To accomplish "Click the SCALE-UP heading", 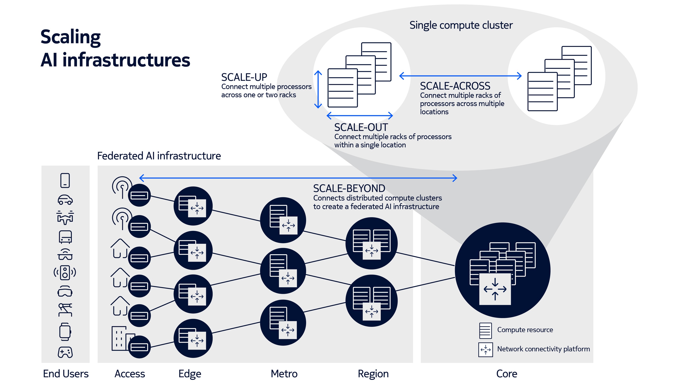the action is pyautogui.click(x=244, y=77).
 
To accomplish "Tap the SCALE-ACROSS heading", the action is pyautogui.click(x=455, y=86).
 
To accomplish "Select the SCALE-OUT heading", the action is pyautogui.click(x=361, y=127).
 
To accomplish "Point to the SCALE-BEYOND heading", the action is pyautogui.click(x=349, y=188).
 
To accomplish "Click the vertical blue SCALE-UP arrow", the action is pyautogui.click(x=318, y=89).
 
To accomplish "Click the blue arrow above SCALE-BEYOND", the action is pyautogui.click(x=298, y=178).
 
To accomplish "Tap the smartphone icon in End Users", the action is pyautogui.click(x=65, y=180).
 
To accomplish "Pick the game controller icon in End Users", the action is pyautogui.click(x=65, y=352).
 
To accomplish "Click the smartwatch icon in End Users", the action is pyautogui.click(x=65, y=332).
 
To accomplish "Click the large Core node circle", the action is pyautogui.click(x=503, y=270).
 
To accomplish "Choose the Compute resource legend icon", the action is pyautogui.click(x=485, y=330).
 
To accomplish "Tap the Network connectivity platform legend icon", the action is pyautogui.click(x=485, y=350).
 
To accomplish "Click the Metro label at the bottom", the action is pyautogui.click(x=284, y=374).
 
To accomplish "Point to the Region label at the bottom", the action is pyautogui.click(x=373, y=374).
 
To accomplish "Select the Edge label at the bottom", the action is pyautogui.click(x=190, y=374).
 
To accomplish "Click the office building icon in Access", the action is pyautogui.click(x=121, y=338).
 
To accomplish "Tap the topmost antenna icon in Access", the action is pyautogui.click(x=122, y=187).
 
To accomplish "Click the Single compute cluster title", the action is pyautogui.click(x=461, y=25).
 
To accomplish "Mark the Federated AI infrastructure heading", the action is pyautogui.click(x=159, y=156).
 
